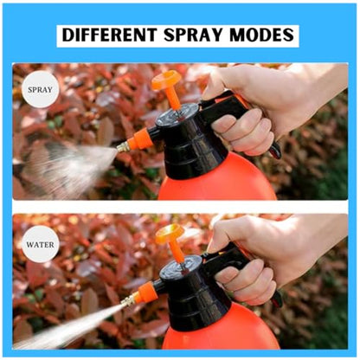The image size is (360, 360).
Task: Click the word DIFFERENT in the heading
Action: click(x=110, y=35)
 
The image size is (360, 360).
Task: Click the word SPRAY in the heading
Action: click(x=194, y=35)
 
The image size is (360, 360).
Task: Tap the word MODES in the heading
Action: click(x=262, y=35)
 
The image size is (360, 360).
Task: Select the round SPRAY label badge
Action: click(x=41, y=89)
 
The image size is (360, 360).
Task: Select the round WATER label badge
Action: click(x=41, y=245)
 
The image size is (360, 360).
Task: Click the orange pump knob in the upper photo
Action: click(x=166, y=79)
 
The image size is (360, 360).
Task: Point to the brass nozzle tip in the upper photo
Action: click(x=123, y=147)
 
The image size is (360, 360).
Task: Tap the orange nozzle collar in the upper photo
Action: click(x=138, y=140)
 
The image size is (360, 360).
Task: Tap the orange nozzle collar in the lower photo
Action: click(x=145, y=292)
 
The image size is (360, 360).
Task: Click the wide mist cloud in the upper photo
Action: click(x=69, y=167)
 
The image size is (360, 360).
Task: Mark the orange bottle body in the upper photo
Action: click(x=216, y=182)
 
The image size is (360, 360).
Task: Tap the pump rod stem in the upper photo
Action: click(x=175, y=98)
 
